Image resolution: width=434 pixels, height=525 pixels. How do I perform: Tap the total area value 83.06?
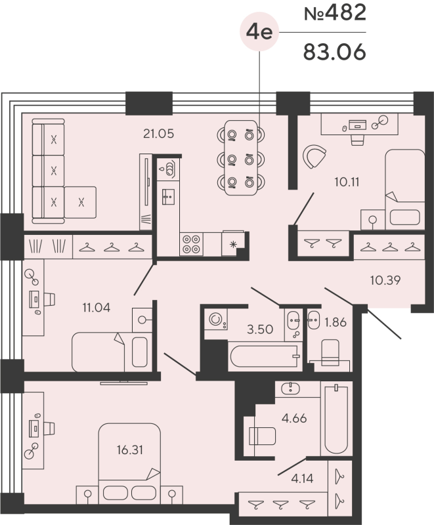click(334, 51)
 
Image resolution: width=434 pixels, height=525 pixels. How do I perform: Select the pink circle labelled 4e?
click(259, 31)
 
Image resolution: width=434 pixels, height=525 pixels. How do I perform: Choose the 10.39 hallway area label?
click(385, 280)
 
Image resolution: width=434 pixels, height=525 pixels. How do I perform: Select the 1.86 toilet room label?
click(337, 323)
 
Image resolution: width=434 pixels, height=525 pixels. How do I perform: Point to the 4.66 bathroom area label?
click(293, 417)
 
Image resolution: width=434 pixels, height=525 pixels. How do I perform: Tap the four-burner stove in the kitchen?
click(192, 244)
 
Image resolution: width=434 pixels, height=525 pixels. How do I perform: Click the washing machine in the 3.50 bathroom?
click(215, 320)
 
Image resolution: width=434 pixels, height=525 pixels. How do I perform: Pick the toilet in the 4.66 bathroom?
click(261, 436)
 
